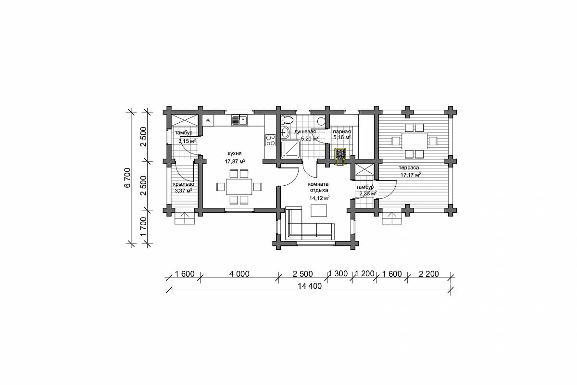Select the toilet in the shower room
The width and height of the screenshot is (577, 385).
tap(287, 120)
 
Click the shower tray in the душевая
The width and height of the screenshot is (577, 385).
tap(290, 149)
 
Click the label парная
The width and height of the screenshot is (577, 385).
tap(342, 132)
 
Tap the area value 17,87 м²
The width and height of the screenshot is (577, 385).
tap(235, 162)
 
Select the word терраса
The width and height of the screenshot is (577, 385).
tap(409, 168)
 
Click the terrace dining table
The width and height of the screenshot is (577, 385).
tap(414, 141)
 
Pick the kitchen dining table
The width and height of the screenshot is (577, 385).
tap(239, 187)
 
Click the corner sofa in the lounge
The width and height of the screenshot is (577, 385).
tap(310, 224)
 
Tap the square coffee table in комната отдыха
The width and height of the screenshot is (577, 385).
tap(319, 210)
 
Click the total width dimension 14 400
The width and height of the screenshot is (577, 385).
tap(310, 286)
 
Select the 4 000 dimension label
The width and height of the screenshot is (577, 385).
tap(239, 274)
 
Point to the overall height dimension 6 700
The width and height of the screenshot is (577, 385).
tap(128, 178)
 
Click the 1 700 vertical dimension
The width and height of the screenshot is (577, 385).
tap(143, 227)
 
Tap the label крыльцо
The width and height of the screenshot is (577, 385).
tap(183, 184)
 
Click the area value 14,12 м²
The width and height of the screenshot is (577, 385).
tap(319, 198)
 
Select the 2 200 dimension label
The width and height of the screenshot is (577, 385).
tap(428, 274)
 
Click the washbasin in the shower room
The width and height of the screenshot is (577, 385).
tap(285, 132)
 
